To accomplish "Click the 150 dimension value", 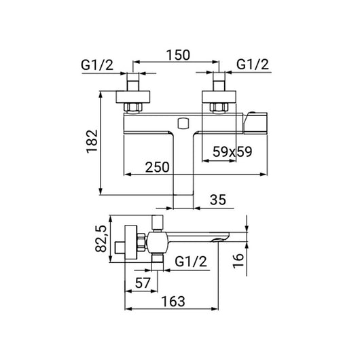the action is pos(178,55).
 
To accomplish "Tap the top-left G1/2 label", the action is pos(97,65).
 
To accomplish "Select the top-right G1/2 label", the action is pos(253,65).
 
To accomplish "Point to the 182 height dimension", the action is pos(92,141).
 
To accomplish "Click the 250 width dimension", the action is pos(158,167).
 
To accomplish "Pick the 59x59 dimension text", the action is pos(232,151).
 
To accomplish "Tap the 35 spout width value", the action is pos(218,200).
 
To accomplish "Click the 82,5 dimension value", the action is pos(101,239).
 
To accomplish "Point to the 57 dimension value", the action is pos(143,283).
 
